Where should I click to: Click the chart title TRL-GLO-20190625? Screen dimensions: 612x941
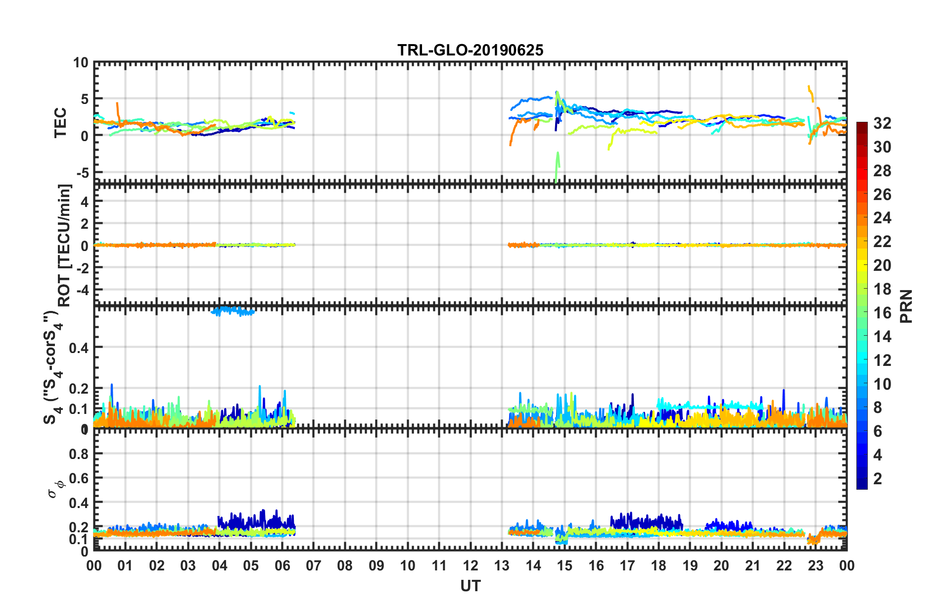point(470,50)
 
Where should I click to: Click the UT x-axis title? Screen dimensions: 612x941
point(470,586)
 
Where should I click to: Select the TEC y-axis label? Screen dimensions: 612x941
point(60,122)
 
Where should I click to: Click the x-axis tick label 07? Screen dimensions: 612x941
point(314,565)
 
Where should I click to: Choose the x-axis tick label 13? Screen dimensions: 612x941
point(502,565)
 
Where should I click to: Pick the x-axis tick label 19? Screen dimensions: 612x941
point(690,565)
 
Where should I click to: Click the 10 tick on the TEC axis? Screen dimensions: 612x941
point(81,63)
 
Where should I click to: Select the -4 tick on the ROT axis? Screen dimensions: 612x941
point(83,289)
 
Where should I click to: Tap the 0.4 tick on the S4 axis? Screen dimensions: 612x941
point(79,348)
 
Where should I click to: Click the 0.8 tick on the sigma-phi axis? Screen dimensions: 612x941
point(79,454)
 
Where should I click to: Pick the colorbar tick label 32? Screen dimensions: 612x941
point(882,123)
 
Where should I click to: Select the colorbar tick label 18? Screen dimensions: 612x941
point(882,289)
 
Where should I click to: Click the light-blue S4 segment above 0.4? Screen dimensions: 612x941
point(233,311)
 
